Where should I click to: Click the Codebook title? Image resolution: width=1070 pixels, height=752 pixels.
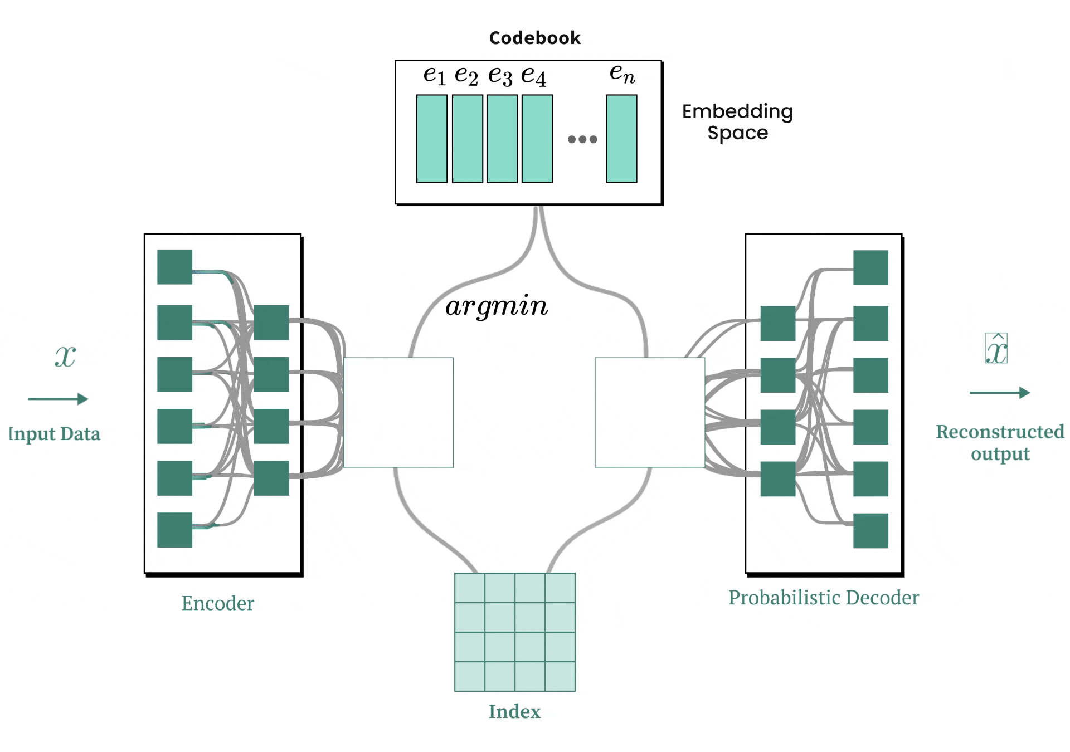(534, 38)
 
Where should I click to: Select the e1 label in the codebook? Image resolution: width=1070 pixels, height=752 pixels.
(434, 75)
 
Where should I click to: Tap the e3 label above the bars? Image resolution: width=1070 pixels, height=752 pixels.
(500, 75)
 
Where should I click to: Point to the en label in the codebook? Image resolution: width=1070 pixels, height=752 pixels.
(622, 73)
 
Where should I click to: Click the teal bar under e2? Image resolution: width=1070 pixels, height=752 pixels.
(467, 139)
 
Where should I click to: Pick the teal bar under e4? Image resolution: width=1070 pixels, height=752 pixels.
(537, 139)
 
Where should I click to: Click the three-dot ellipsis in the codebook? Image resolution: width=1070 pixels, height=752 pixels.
(582, 139)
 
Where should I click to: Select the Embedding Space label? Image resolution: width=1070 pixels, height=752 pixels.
(737, 122)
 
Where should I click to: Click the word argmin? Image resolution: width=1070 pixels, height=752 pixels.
(497, 306)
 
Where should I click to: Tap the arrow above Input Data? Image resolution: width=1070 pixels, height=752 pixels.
(58, 399)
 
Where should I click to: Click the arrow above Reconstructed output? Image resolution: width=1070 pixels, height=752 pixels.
(999, 393)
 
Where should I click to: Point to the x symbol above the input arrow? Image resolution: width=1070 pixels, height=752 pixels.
(65, 356)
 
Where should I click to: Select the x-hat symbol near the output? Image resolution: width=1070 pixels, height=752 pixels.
(996, 349)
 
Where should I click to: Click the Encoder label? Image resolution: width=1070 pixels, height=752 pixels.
(217, 603)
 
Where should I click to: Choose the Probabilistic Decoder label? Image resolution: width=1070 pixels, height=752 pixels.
(823, 598)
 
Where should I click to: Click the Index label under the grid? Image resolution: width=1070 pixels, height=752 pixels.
(514, 711)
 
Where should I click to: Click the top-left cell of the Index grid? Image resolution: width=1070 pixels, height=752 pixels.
(469, 588)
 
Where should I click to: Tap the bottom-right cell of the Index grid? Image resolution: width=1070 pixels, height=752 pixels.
(560, 676)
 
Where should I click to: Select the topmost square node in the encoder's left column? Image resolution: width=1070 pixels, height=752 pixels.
(174, 267)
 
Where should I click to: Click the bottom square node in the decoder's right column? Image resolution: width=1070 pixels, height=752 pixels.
(870, 531)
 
